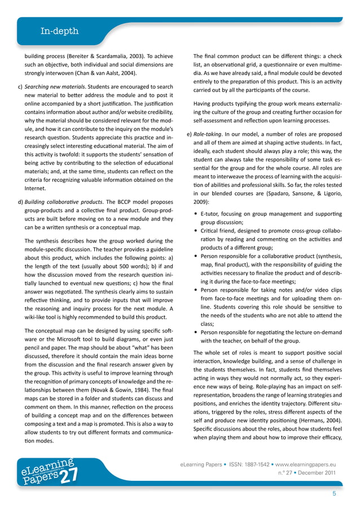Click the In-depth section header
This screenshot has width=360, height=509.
point(59,32)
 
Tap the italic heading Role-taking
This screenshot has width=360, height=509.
point(209,134)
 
